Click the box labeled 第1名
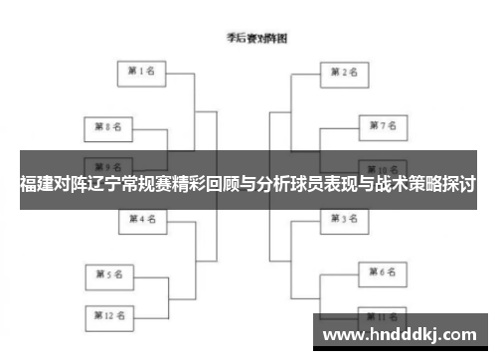[x=142, y=72]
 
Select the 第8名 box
[x=107, y=127]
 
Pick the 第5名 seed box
[x=107, y=272]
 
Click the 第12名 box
[x=107, y=315]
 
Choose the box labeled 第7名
[x=383, y=126]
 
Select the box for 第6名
[x=383, y=270]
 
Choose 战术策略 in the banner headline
[x=414, y=185]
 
